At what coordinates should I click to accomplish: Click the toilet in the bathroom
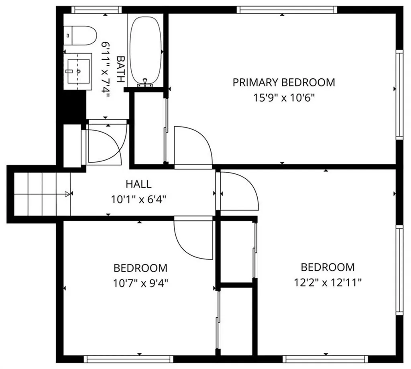[80, 35]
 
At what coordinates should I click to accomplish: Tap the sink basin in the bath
[79, 71]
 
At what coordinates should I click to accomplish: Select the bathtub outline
[146, 50]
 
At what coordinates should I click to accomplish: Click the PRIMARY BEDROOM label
[284, 83]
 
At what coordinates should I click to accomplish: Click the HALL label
[138, 184]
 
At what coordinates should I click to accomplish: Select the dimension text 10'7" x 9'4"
[140, 283]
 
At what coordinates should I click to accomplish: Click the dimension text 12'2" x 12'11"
[328, 283]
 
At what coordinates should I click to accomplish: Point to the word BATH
[120, 69]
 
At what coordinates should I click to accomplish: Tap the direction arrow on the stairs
[67, 194]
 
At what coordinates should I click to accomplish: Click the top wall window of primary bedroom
[287, 10]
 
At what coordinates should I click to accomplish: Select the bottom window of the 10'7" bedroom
[128, 359]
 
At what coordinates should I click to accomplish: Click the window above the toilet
[96, 10]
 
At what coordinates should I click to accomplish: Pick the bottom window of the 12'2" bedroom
[325, 359]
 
